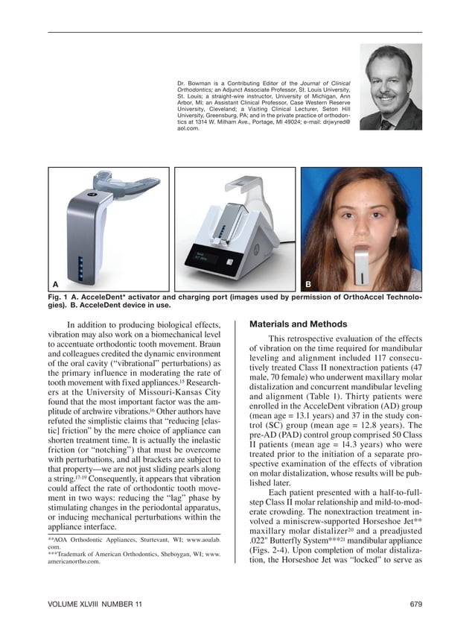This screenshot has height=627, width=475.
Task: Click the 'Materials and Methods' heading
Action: coord(298,324)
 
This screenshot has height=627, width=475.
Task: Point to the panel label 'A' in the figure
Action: coord(55,284)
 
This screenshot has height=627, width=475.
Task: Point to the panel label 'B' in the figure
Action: coord(308,284)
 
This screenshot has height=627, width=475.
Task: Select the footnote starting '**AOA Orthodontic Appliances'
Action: coord(134,541)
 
